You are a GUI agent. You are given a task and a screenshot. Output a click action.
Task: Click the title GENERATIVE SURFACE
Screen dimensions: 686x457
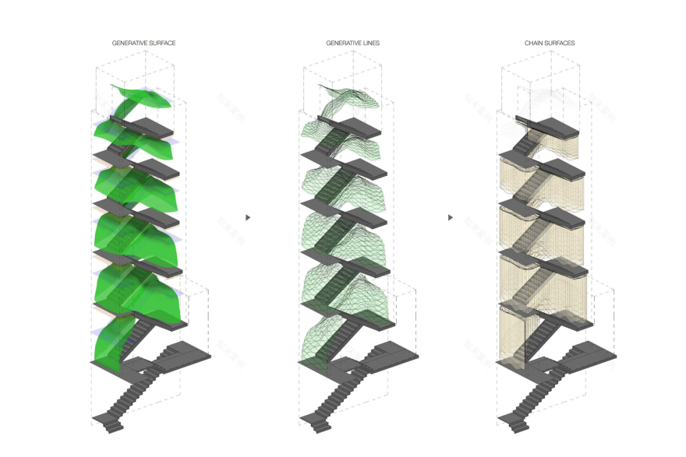tap(143, 44)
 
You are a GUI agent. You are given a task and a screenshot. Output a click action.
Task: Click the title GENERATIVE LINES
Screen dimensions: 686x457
tap(353, 44)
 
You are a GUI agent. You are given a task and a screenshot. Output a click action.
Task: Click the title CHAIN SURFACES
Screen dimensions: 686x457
tap(550, 44)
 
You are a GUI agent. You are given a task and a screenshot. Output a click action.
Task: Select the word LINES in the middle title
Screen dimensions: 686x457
tap(370, 44)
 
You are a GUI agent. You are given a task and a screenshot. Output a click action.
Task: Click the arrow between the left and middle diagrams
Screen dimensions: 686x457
tap(248, 218)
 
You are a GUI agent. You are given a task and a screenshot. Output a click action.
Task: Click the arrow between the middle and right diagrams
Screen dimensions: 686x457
tap(451, 218)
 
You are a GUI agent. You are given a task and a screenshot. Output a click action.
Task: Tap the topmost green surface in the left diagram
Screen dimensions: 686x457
tap(144, 97)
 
